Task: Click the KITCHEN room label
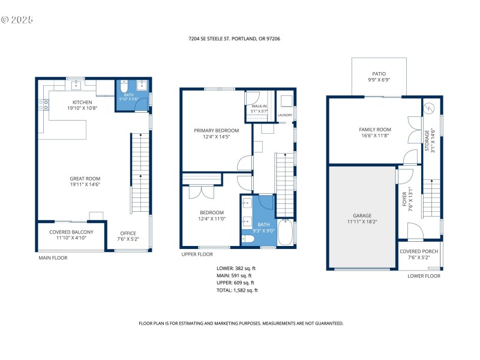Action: (83, 102)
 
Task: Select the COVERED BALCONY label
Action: (71, 232)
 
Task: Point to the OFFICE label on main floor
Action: (128, 233)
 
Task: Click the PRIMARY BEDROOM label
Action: (216, 130)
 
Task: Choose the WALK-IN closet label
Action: (259, 106)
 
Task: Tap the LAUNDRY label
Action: (285, 115)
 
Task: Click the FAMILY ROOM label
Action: (375, 130)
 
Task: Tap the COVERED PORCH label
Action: (419, 251)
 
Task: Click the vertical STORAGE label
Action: (428, 143)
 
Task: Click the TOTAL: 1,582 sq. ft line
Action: (237, 290)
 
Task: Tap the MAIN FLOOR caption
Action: (54, 258)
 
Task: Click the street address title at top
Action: (234, 38)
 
